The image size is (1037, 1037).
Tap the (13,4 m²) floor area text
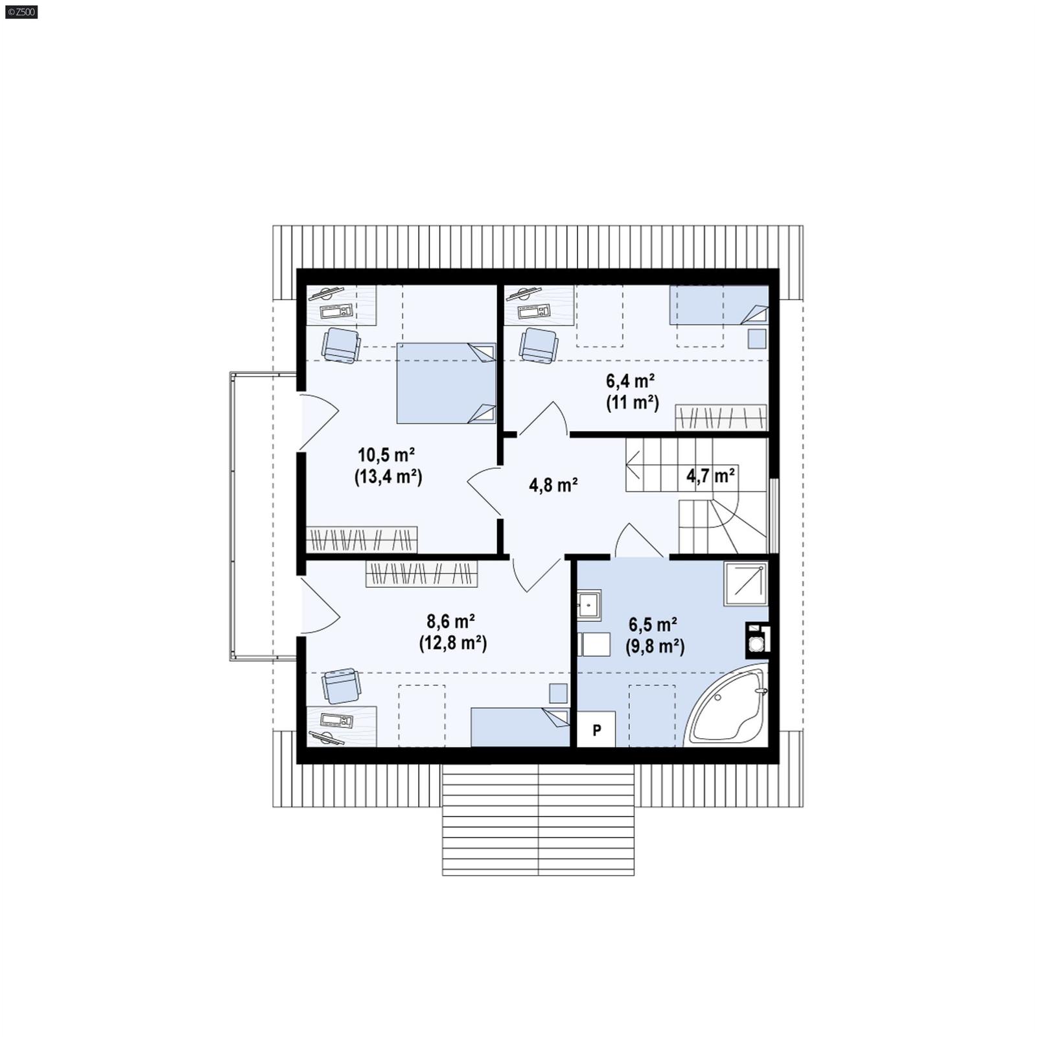pyautogui.click(x=388, y=477)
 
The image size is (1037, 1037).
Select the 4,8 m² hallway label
pyautogui.click(x=553, y=485)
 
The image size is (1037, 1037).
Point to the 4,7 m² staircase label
pyautogui.click(x=710, y=476)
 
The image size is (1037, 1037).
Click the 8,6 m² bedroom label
pyautogui.click(x=450, y=622)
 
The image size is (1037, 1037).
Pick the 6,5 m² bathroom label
pyautogui.click(x=653, y=625)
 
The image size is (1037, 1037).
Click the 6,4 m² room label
pyautogui.click(x=630, y=380)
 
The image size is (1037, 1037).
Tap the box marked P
pyautogui.click(x=596, y=730)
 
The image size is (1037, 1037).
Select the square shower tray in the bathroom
pyautogui.click(x=746, y=583)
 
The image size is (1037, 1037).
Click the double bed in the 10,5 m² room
pyautogui.click(x=446, y=383)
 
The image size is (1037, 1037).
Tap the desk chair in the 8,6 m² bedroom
pyautogui.click(x=341, y=686)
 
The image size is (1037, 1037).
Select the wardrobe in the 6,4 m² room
pyautogui.click(x=721, y=417)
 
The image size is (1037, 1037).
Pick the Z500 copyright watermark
pyautogui.click(x=21, y=12)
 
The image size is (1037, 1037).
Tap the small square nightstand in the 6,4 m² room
pyautogui.click(x=756, y=339)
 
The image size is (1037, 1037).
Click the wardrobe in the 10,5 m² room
pyautogui.click(x=361, y=539)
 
